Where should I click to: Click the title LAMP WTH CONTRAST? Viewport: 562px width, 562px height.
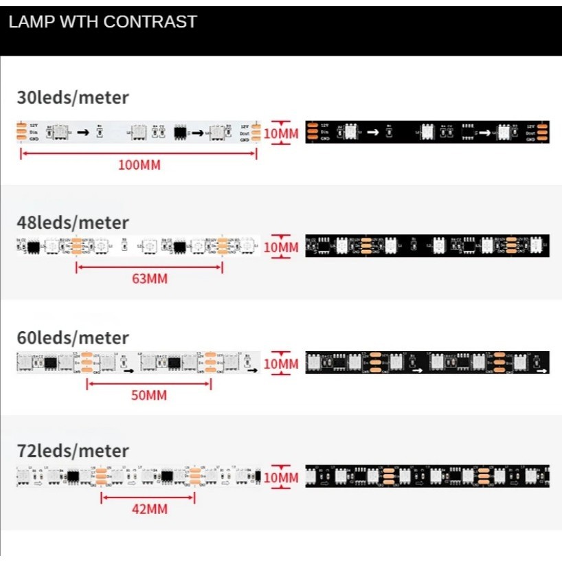pos(102,22)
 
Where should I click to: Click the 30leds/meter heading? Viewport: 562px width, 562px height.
pos(73,98)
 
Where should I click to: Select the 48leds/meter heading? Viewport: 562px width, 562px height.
pos(73,223)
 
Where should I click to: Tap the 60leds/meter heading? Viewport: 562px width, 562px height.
pos(73,338)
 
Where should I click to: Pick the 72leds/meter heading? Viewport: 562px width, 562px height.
pos(73,451)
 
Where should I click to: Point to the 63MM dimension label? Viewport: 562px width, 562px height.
pos(149,279)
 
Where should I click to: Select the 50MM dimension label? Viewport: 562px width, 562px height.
pos(148,396)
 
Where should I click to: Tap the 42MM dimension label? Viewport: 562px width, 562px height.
pos(149,509)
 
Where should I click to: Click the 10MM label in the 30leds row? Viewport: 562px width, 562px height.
pos(281,133)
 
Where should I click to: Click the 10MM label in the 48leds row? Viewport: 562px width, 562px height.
pos(281,247)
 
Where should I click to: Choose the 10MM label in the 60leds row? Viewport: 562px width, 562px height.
pos(281,363)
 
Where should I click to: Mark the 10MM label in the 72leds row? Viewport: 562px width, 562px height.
pos(281,477)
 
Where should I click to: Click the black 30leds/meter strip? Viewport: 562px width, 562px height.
pos(427,132)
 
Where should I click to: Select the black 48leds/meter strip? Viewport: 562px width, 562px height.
pos(427,245)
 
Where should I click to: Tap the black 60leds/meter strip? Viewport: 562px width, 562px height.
pos(427,362)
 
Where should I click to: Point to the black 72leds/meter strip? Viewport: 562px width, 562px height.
pos(427,475)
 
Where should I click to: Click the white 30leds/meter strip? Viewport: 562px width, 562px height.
pos(138,131)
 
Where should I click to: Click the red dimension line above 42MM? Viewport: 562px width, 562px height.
pos(148,498)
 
